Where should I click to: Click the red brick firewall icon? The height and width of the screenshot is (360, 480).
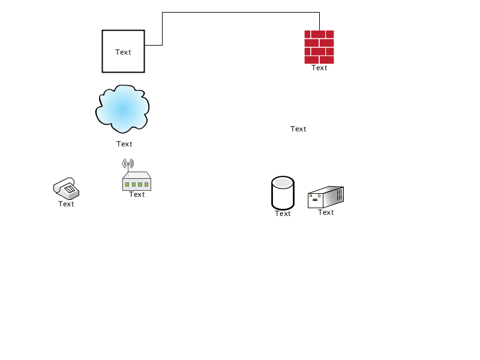pyautogui.click(x=319, y=47)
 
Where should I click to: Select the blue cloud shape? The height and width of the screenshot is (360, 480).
pyautogui.click(x=122, y=109)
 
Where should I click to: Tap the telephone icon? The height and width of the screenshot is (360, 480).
pyautogui.click(x=66, y=188)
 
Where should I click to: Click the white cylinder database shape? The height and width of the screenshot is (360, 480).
pyautogui.click(x=283, y=193)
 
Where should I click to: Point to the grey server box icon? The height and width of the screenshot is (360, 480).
pyautogui.click(x=326, y=197)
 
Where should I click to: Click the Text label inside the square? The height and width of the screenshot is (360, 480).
pyautogui.click(x=123, y=52)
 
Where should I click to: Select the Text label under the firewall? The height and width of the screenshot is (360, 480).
pyautogui.click(x=319, y=68)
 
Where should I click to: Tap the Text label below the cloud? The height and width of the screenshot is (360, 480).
pyautogui.click(x=124, y=144)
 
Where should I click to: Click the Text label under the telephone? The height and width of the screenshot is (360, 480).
pyautogui.click(x=66, y=204)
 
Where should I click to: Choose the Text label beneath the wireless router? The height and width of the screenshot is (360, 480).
pyautogui.click(x=137, y=194)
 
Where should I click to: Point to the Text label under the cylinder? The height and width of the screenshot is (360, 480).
pyautogui.click(x=283, y=214)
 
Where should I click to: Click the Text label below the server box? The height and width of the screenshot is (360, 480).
pyautogui.click(x=326, y=212)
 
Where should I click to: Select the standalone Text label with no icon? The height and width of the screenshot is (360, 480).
pyautogui.click(x=298, y=129)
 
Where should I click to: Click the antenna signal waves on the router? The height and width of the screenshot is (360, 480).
pyautogui.click(x=128, y=163)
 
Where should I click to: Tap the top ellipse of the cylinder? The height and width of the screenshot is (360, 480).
pyautogui.click(x=283, y=182)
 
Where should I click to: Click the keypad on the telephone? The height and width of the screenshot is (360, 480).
pyautogui.click(x=70, y=189)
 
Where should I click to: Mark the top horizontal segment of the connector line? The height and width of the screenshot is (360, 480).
pyautogui.click(x=241, y=13)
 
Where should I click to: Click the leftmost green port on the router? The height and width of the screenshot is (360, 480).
pyautogui.click(x=127, y=184)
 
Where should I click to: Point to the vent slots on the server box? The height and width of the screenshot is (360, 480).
pyautogui.click(x=340, y=194)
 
